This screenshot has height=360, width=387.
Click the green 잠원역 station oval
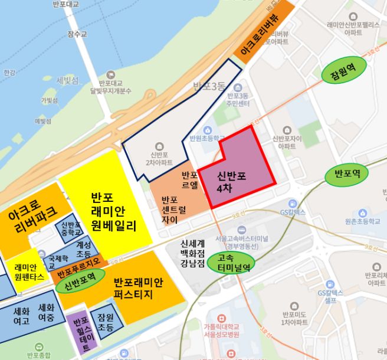click(x=344, y=73)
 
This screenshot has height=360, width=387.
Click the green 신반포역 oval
click(x=80, y=282)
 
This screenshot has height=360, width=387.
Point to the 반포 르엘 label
click(x=189, y=179)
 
